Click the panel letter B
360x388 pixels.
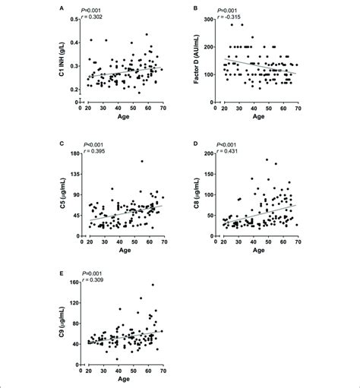point(197,9)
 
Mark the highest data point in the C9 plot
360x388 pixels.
point(152,285)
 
